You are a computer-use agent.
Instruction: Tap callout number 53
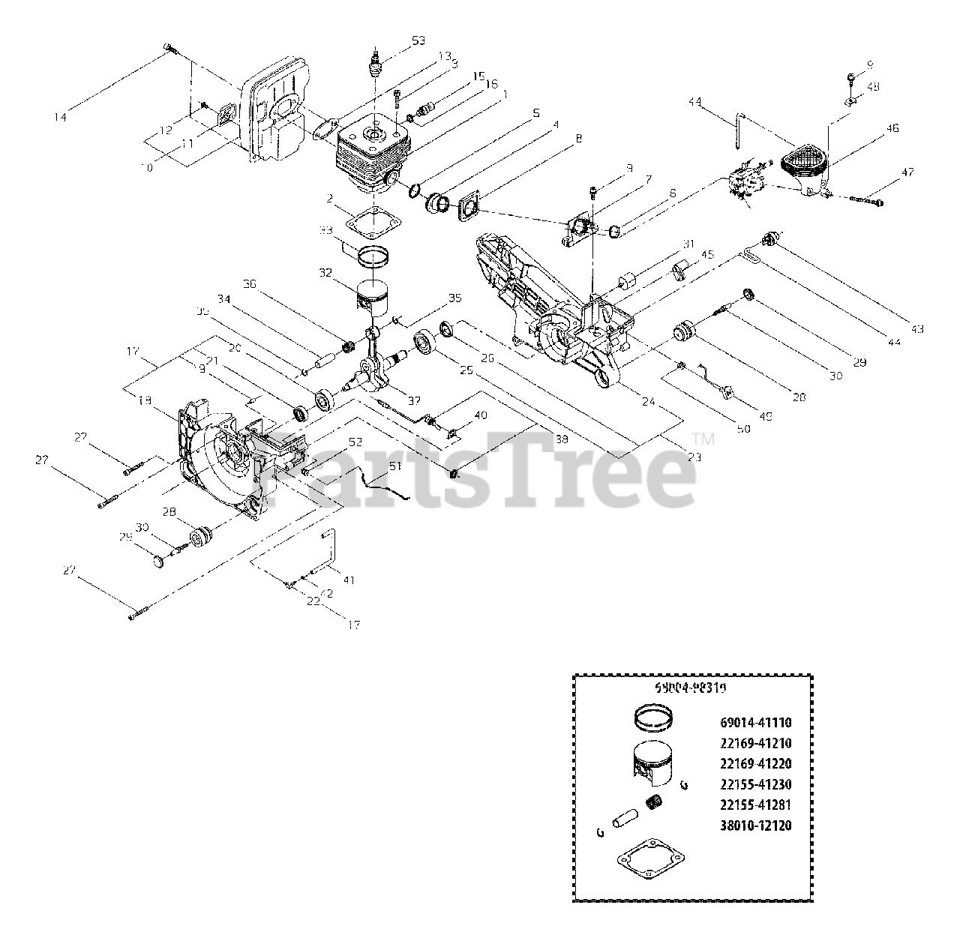418,39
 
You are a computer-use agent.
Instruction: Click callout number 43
917,328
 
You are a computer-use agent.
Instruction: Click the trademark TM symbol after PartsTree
703,439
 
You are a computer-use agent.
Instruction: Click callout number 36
250,283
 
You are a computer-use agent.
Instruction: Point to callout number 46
892,128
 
